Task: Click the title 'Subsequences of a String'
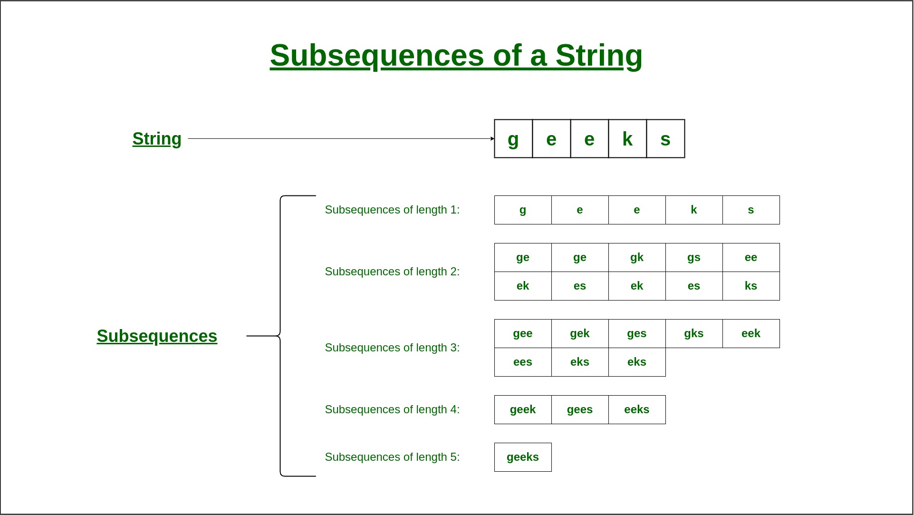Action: [456, 56]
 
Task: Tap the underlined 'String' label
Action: [157, 139]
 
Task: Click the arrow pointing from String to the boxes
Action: [341, 139]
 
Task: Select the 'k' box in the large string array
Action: [627, 139]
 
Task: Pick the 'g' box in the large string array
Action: [513, 139]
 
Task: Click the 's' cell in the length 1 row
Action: [751, 210]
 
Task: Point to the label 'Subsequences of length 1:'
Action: [392, 210]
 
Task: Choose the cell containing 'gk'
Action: [637, 257]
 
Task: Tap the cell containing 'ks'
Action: [751, 286]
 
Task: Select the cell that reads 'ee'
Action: [751, 257]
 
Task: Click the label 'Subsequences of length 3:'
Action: [392, 348]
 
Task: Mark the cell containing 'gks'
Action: [694, 333]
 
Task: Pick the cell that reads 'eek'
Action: [751, 333]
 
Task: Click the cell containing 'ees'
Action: [523, 362]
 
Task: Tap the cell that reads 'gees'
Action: [580, 409]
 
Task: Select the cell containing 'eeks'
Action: [637, 409]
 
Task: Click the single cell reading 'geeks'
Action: [523, 457]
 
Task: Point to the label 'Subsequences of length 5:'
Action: [392, 457]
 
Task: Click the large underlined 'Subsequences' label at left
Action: [157, 336]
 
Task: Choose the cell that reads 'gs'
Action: [694, 257]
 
